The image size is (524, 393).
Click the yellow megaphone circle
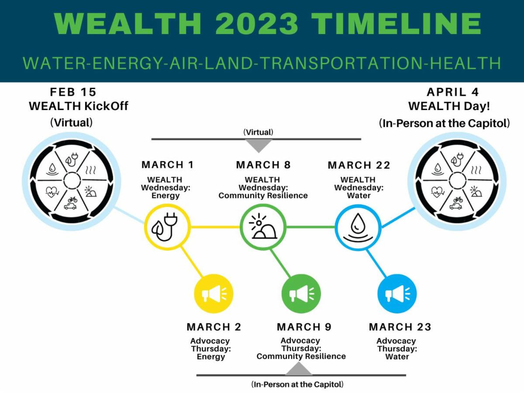(214, 293)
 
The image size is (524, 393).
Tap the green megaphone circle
(301, 293)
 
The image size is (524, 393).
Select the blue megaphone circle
(397, 293)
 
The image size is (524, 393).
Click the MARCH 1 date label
(168, 165)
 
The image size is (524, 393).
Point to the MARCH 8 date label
(263, 165)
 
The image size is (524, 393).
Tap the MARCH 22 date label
(359, 165)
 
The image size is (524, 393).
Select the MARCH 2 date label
(214, 327)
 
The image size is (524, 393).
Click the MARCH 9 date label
(304, 327)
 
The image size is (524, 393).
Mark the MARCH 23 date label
(400, 327)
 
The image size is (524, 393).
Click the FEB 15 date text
(73, 92)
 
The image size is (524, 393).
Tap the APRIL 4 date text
(453, 92)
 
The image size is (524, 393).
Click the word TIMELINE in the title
(396, 24)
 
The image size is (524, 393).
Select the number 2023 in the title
(257, 24)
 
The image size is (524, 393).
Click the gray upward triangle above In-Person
(299, 369)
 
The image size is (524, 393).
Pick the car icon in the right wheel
(455, 206)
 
